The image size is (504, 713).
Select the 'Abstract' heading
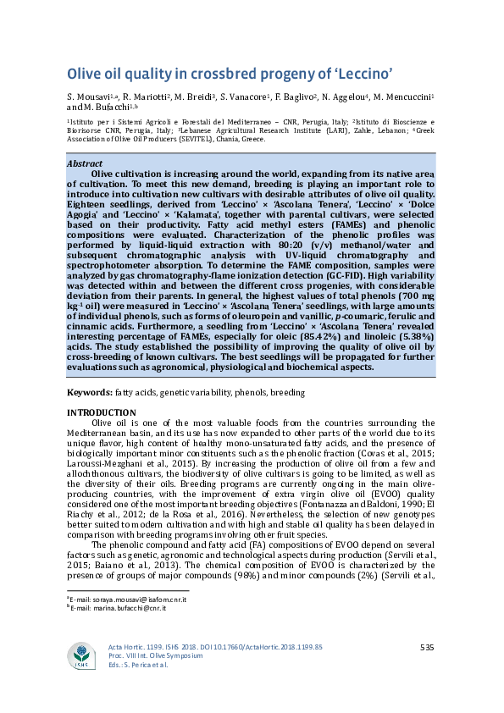(86, 163)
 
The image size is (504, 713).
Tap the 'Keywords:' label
(90, 394)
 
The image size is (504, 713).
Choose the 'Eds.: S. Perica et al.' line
(139, 665)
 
